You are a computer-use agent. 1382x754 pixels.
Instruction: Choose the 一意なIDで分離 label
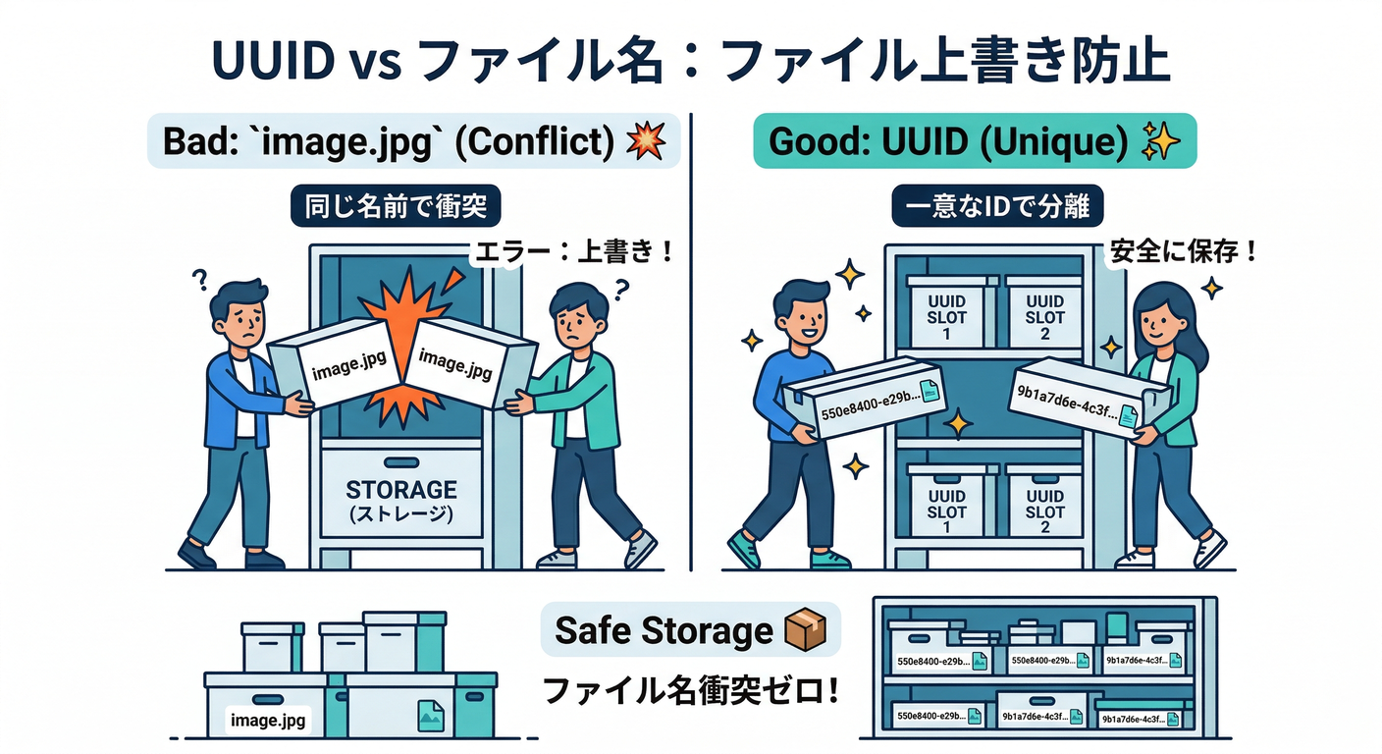tap(998, 208)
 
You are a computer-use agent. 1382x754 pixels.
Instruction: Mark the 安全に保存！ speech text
tap(1183, 250)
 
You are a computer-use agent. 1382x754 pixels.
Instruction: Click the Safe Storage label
tap(664, 630)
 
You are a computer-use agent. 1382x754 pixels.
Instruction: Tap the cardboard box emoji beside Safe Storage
tap(806, 629)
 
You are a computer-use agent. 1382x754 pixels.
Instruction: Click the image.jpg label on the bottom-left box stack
tap(267, 722)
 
